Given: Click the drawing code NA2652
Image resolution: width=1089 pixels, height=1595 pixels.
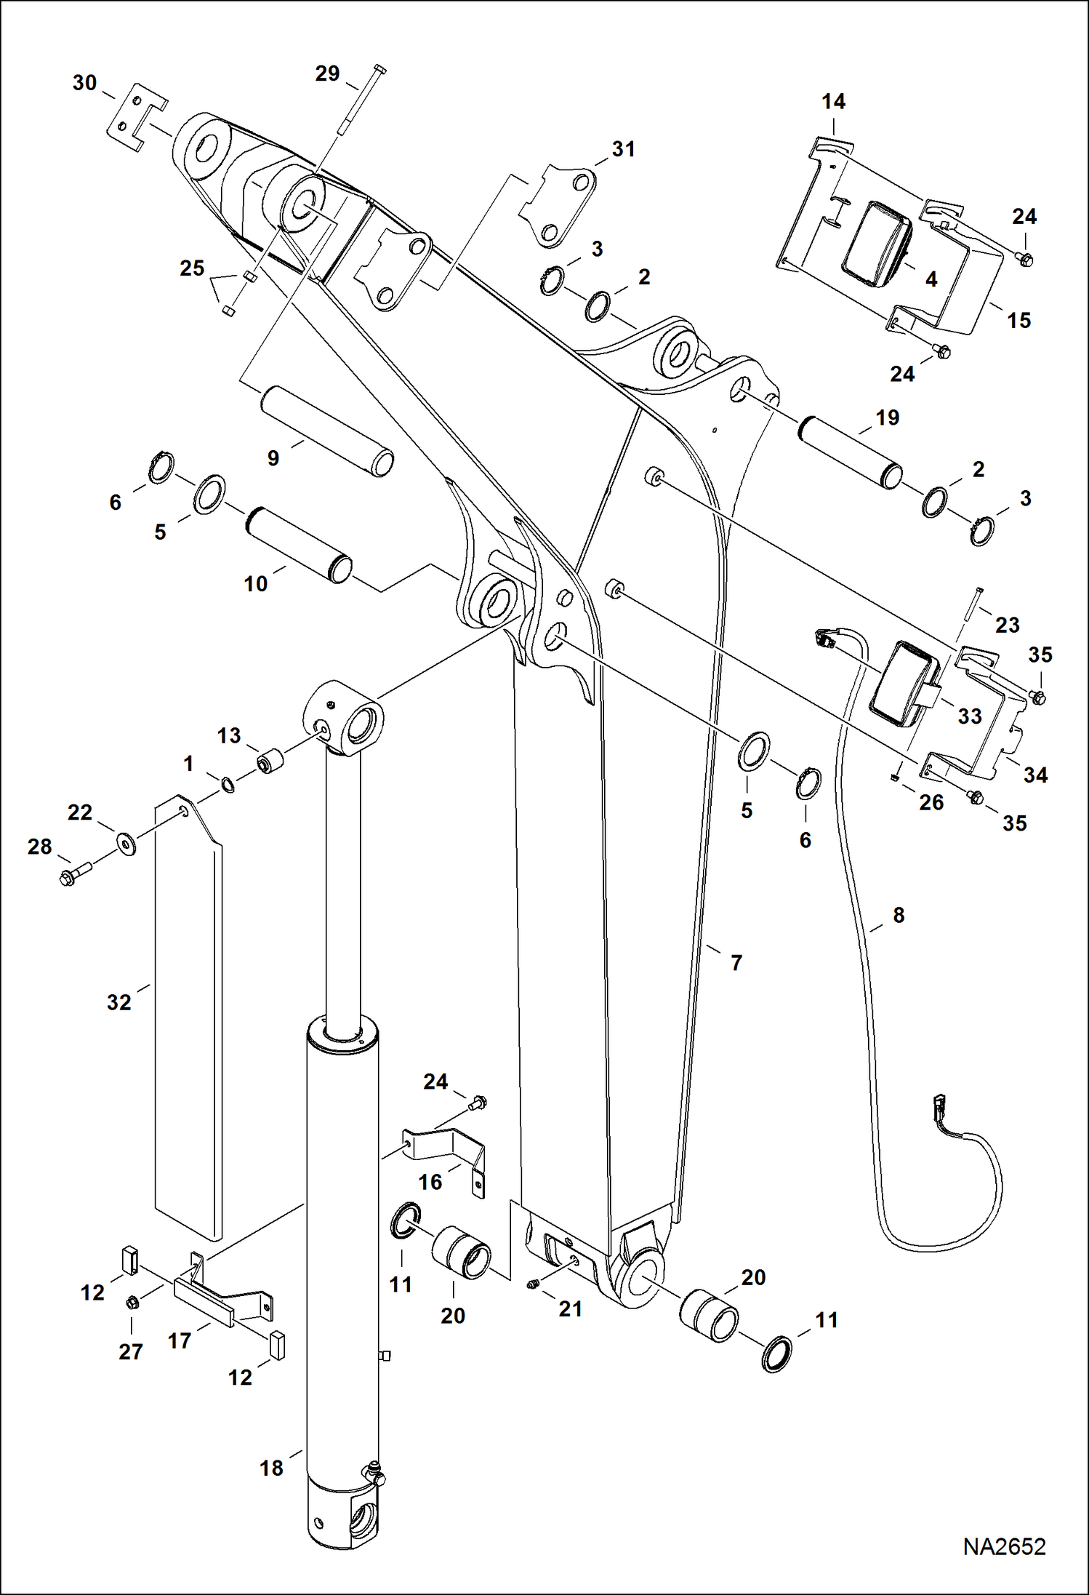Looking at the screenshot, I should pyautogui.click(x=1004, y=1546).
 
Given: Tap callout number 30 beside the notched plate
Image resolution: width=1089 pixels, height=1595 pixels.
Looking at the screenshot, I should pyautogui.click(x=84, y=83).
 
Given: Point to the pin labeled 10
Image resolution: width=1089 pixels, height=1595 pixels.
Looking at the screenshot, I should pyautogui.click(x=300, y=545).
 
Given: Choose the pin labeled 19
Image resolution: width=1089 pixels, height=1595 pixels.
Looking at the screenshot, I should pyautogui.click(x=851, y=452).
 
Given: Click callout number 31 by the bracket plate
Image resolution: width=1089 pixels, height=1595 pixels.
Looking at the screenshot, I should pyautogui.click(x=623, y=149).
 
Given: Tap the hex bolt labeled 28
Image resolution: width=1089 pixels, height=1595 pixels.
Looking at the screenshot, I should pyautogui.click(x=75, y=872).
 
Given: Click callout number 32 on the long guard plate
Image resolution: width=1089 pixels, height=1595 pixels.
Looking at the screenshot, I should pyautogui.click(x=118, y=1002).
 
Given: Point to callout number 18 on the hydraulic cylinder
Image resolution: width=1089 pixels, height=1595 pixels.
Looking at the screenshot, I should pyautogui.click(x=271, y=1468).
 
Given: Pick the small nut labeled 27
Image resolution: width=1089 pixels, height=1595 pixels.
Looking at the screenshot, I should pyautogui.click(x=132, y=1301).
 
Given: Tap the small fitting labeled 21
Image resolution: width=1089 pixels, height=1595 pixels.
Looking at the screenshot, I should pyautogui.click(x=532, y=1286).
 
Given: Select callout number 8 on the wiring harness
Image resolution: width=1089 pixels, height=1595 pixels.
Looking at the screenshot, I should pyautogui.click(x=899, y=915).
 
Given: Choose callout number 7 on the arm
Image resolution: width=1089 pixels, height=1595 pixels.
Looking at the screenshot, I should pyautogui.click(x=736, y=962).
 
